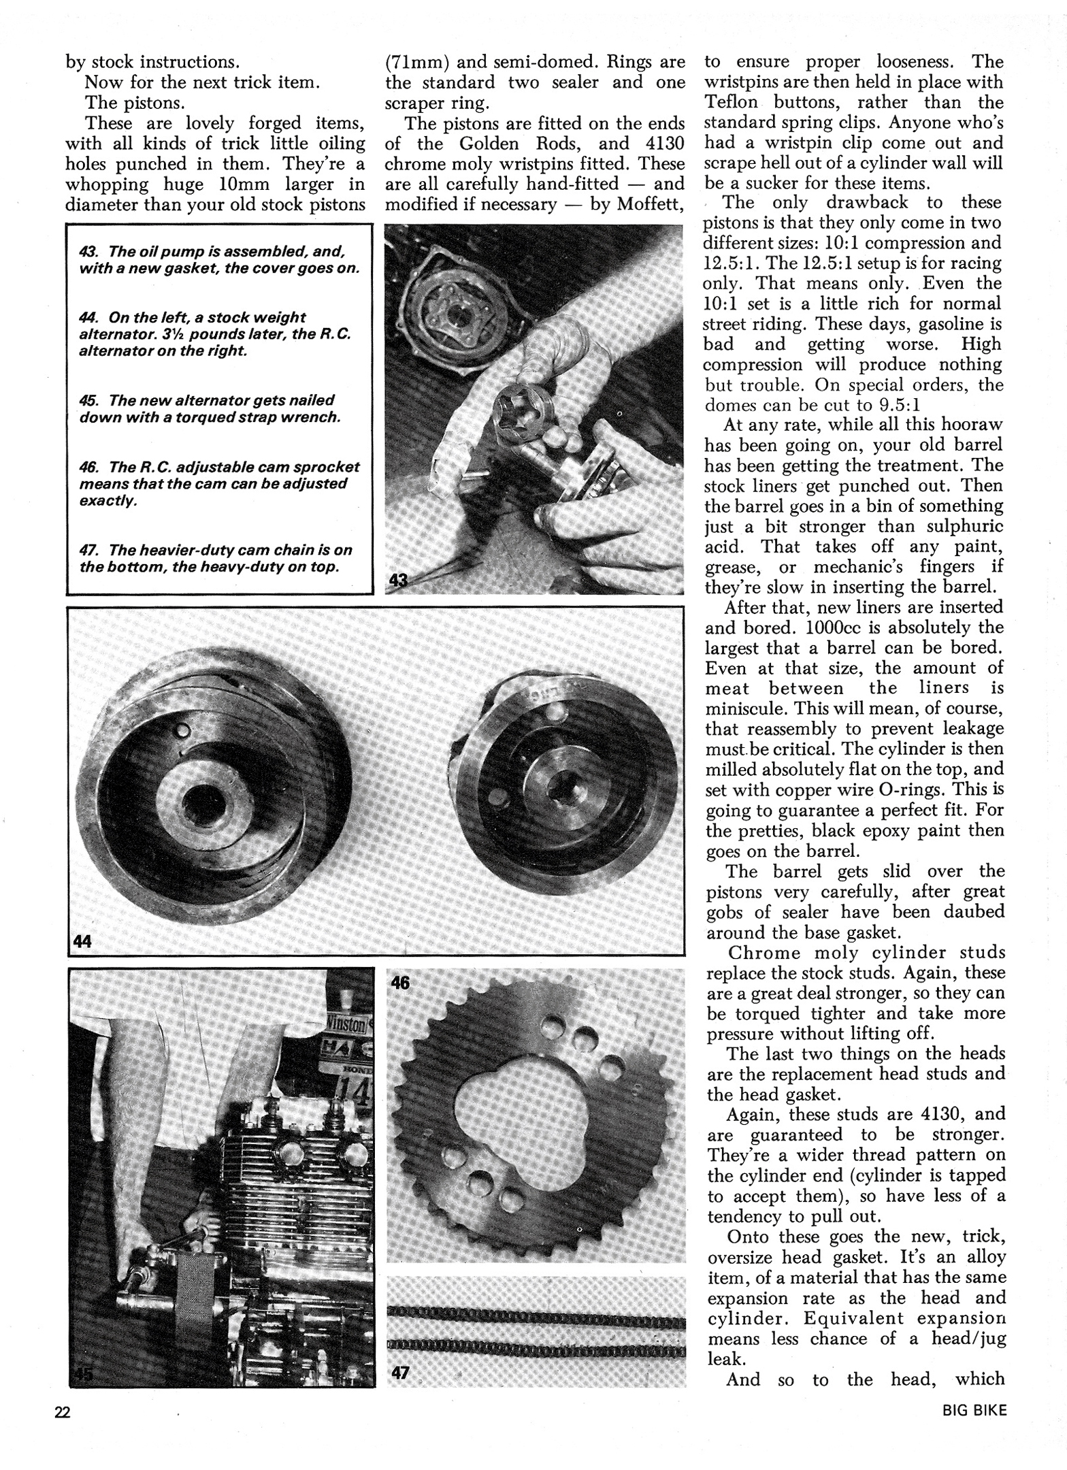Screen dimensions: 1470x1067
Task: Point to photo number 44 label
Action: click(x=82, y=941)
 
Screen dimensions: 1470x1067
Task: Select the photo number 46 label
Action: click(x=400, y=983)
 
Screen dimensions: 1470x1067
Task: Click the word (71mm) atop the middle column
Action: click(x=416, y=62)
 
